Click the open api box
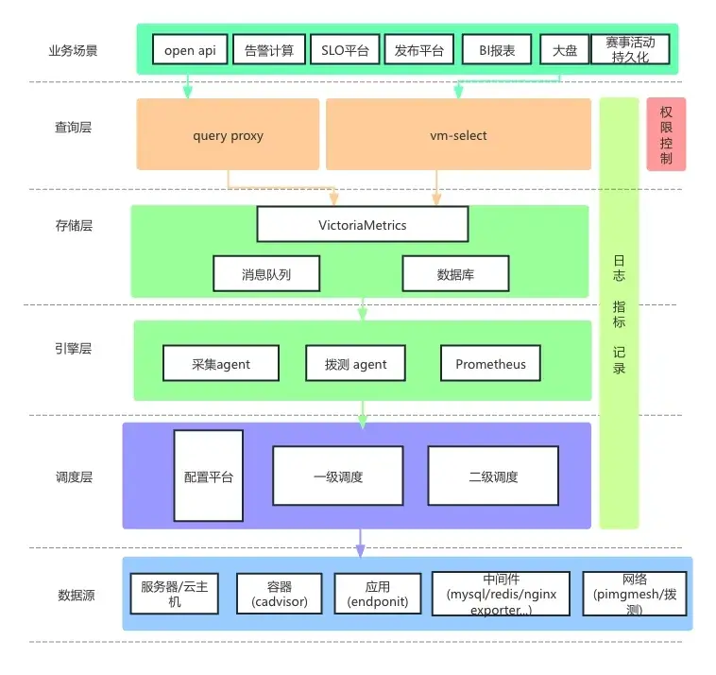[190, 49]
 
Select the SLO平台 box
[345, 49]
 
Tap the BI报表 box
[497, 49]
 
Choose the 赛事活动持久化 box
[630, 49]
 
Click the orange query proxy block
[228, 134]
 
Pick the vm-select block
[458, 134]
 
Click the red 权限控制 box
[666, 134]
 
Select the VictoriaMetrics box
[363, 224]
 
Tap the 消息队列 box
[266, 274]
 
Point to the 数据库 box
[455, 274]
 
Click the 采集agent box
[221, 363]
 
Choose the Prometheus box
[490, 363]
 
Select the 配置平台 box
[208, 476]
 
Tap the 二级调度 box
[493, 476]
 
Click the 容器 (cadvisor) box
[280, 594]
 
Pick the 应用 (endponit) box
[378, 594]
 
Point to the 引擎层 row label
[73, 349]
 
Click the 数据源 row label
[77, 595]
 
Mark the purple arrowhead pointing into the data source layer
[360, 551]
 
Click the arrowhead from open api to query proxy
[187, 92]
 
